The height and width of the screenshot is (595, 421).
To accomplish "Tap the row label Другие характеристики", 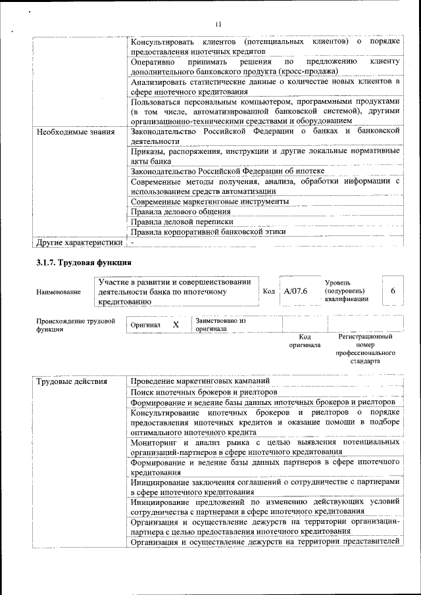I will [x=79, y=243].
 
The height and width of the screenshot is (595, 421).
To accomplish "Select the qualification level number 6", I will [x=393, y=291].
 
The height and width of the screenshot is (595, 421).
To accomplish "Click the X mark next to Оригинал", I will [x=176, y=325].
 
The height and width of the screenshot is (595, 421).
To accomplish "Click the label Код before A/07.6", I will [x=268, y=291].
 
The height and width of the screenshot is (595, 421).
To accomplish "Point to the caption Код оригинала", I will [x=305, y=341].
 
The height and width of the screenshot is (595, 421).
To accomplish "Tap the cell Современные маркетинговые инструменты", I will [x=210, y=201].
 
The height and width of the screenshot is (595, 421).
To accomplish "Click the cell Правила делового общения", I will [x=180, y=212].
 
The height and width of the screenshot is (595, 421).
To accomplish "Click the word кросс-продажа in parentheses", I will [x=307, y=71].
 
